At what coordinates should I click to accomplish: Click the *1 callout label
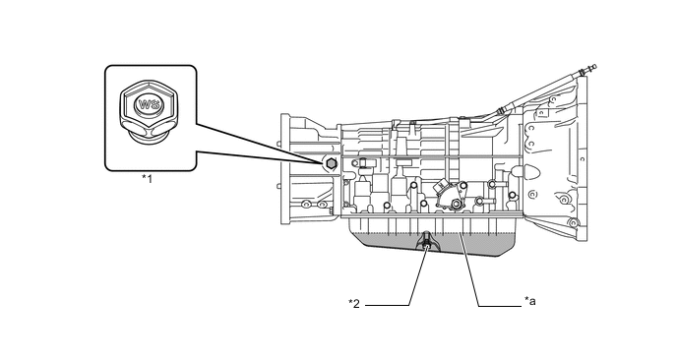click(x=148, y=178)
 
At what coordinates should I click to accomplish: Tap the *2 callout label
click(x=354, y=304)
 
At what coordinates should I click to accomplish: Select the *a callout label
click(x=530, y=301)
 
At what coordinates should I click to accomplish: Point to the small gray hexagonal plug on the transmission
click(x=331, y=163)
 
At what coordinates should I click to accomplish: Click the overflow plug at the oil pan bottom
click(x=427, y=243)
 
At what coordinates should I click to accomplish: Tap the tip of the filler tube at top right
click(x=593, y=67)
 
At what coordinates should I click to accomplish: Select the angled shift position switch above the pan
click(x=449, y=194)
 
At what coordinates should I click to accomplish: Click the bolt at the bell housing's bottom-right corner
click(x=573, y=223)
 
